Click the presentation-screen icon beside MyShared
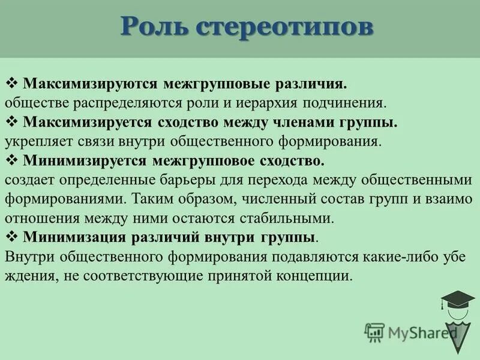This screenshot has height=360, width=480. point(374,332)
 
